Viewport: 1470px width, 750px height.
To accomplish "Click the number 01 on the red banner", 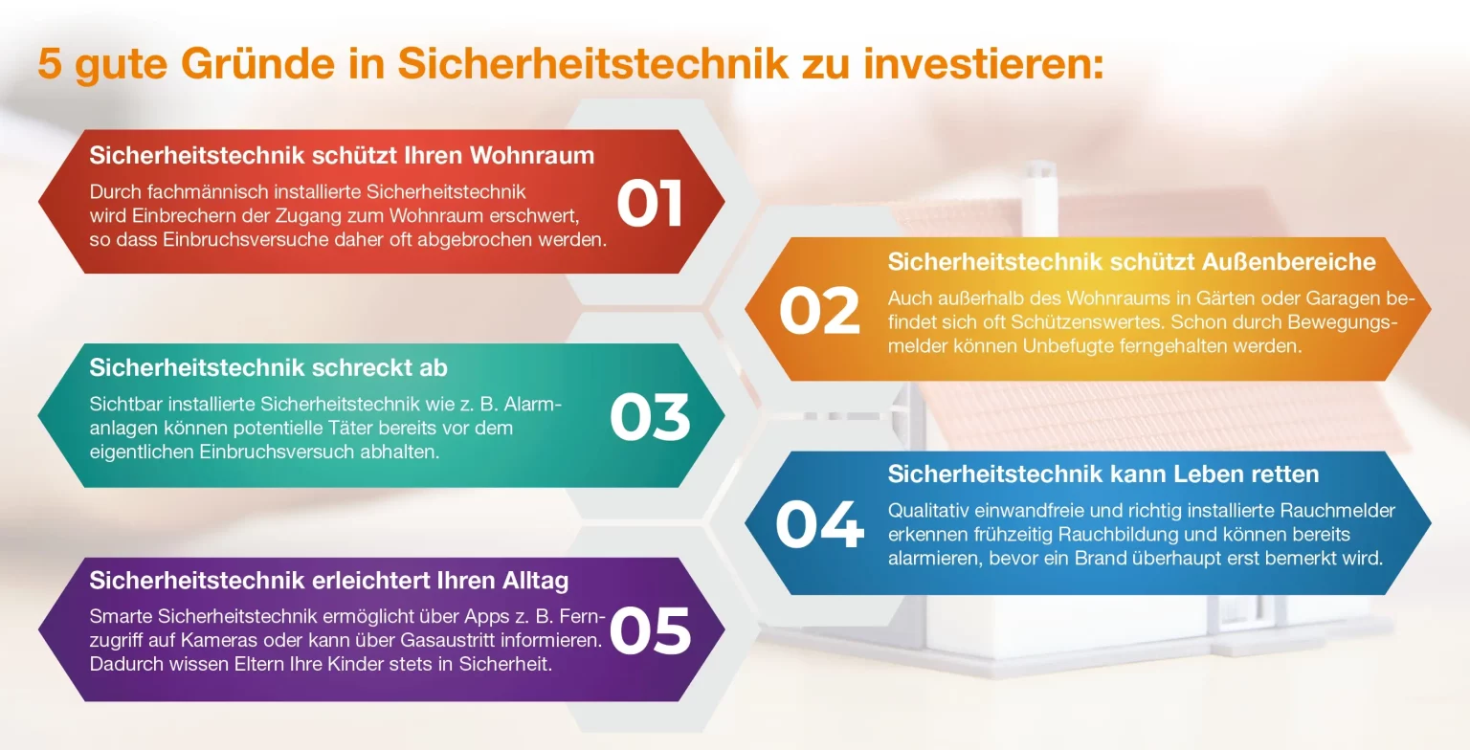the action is [x=649, y=203].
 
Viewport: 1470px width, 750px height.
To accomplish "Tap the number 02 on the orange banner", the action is [x=819, y=310].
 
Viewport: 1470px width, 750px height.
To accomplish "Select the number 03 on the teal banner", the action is [x=650, y=417].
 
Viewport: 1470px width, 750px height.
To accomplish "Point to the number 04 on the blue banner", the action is [x=819, y=523].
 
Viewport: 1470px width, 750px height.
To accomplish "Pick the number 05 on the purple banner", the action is [x=650, y=629].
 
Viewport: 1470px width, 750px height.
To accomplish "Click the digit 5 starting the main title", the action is [x=50, y=64].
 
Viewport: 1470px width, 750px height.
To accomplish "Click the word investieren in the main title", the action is [x=983, y=64].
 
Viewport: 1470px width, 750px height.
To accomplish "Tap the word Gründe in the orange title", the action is [x=257, y=64].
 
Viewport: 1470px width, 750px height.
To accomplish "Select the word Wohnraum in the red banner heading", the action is [x=531, y=156].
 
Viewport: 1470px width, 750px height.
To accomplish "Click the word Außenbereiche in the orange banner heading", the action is [x=1289, y=262].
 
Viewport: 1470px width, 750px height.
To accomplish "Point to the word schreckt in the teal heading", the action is [x=358, y=368].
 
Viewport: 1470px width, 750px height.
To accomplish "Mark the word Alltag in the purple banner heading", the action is [x=536, y=581].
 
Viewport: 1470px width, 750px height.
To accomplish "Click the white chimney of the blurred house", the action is [x=1039, y=197].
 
